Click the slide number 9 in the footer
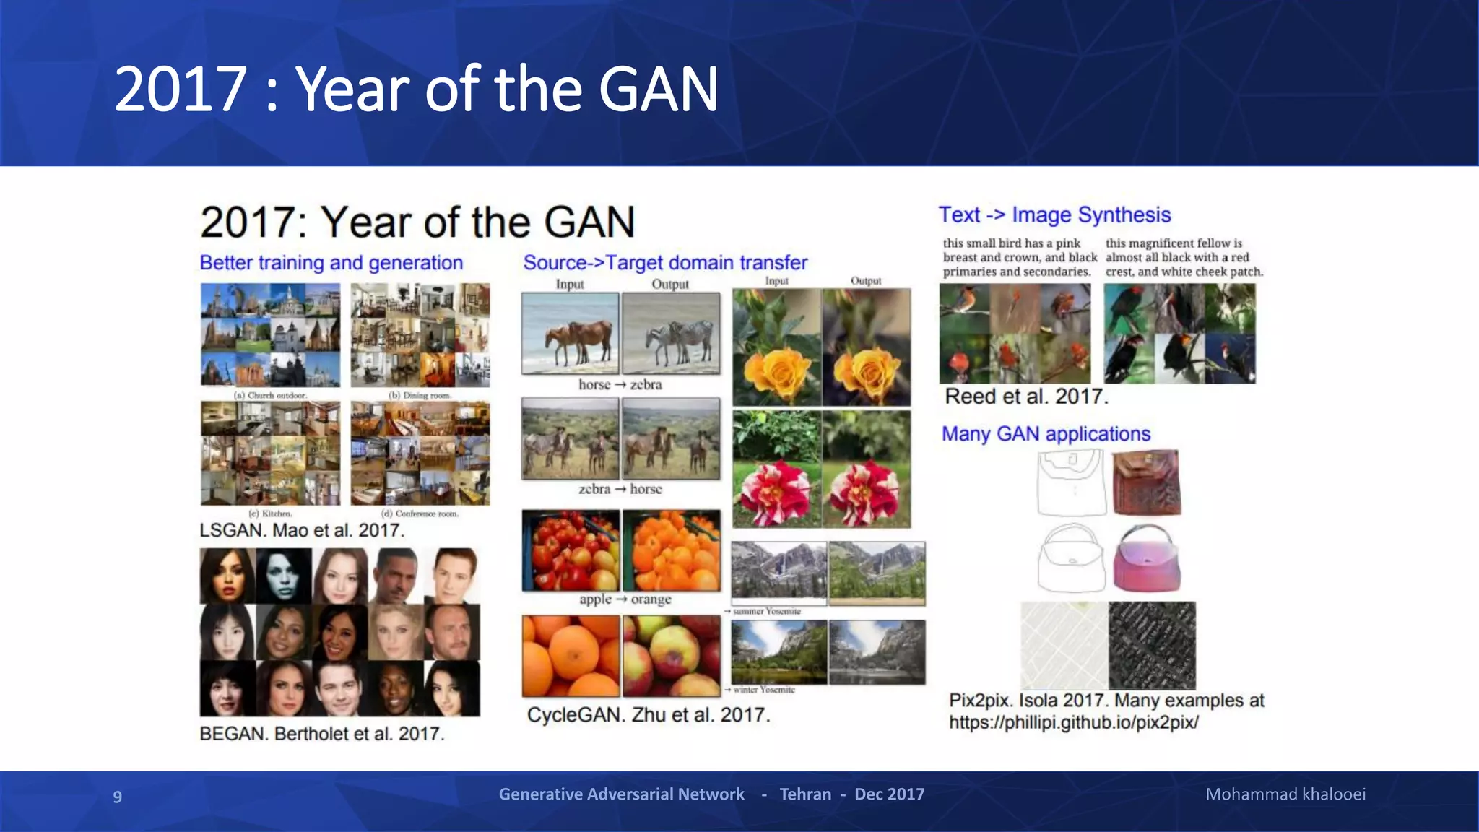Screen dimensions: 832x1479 click(x=117, y=796)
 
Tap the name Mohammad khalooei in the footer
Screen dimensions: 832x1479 click(x=1285, y=794)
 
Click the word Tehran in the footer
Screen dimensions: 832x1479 click(x=804, y=794)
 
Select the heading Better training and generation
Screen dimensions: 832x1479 click(x=331, y=263)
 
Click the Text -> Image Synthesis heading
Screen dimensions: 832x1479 click(x=1054, y=215)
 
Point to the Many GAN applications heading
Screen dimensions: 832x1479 click(x=1045, y=434)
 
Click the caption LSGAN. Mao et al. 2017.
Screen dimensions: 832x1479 click(x=301, y=531)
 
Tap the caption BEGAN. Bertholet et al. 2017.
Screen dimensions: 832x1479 click(x=321, y=734)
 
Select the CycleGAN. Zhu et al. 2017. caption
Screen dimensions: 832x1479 click(x=648, y=715)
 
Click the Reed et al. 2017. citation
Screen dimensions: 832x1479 click(x=1025, y=396)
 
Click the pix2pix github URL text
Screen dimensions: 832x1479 click(x=1073, y=722)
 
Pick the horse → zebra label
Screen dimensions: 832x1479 click(x=620, y=385)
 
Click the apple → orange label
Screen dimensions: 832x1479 click(x=625, y=599)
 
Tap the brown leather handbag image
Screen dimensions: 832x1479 click(x=1146, y=482)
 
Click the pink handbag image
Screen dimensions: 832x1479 click(x=1146, y=559)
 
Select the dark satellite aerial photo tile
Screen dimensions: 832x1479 click(x=1151, y=645)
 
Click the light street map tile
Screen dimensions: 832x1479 click(x=1064, y=645)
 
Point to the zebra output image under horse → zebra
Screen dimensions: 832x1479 click(x=671, y=334)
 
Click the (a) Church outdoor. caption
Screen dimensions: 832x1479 click(x=270, y=396)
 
